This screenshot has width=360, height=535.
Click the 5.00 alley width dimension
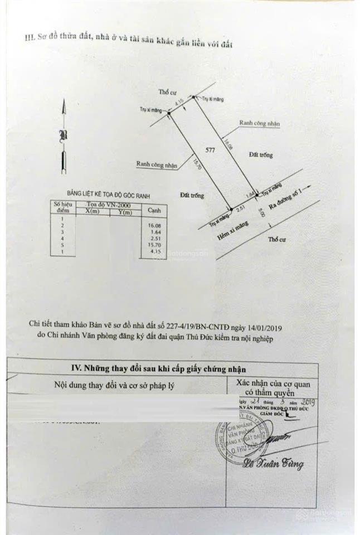pos(261,213)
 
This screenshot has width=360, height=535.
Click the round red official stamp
pos(241,440)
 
